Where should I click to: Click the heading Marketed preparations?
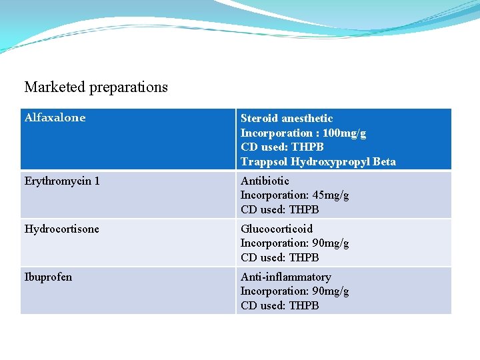tap(96, 87)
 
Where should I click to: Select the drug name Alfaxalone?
tap(55, 118)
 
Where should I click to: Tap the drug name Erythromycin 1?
tap(62, 181)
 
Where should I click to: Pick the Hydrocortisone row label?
tap(61, 229)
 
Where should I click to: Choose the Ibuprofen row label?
tap(48, 277)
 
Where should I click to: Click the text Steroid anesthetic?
tap(287, 119)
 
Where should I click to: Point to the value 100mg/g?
tap(344, 133)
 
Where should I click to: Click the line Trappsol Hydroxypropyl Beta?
tap(318, 161)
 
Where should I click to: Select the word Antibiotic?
tap(265, 181)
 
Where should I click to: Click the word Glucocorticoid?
tap(276, 229)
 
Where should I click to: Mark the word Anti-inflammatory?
tap(285, 277)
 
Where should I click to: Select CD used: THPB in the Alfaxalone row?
tap(282, 147)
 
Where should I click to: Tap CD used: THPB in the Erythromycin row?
tap(279, 209)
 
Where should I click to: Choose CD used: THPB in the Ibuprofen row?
tap(279, 305)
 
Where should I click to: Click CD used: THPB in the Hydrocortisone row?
tap(279, 257)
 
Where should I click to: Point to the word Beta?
tap(384, 161)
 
